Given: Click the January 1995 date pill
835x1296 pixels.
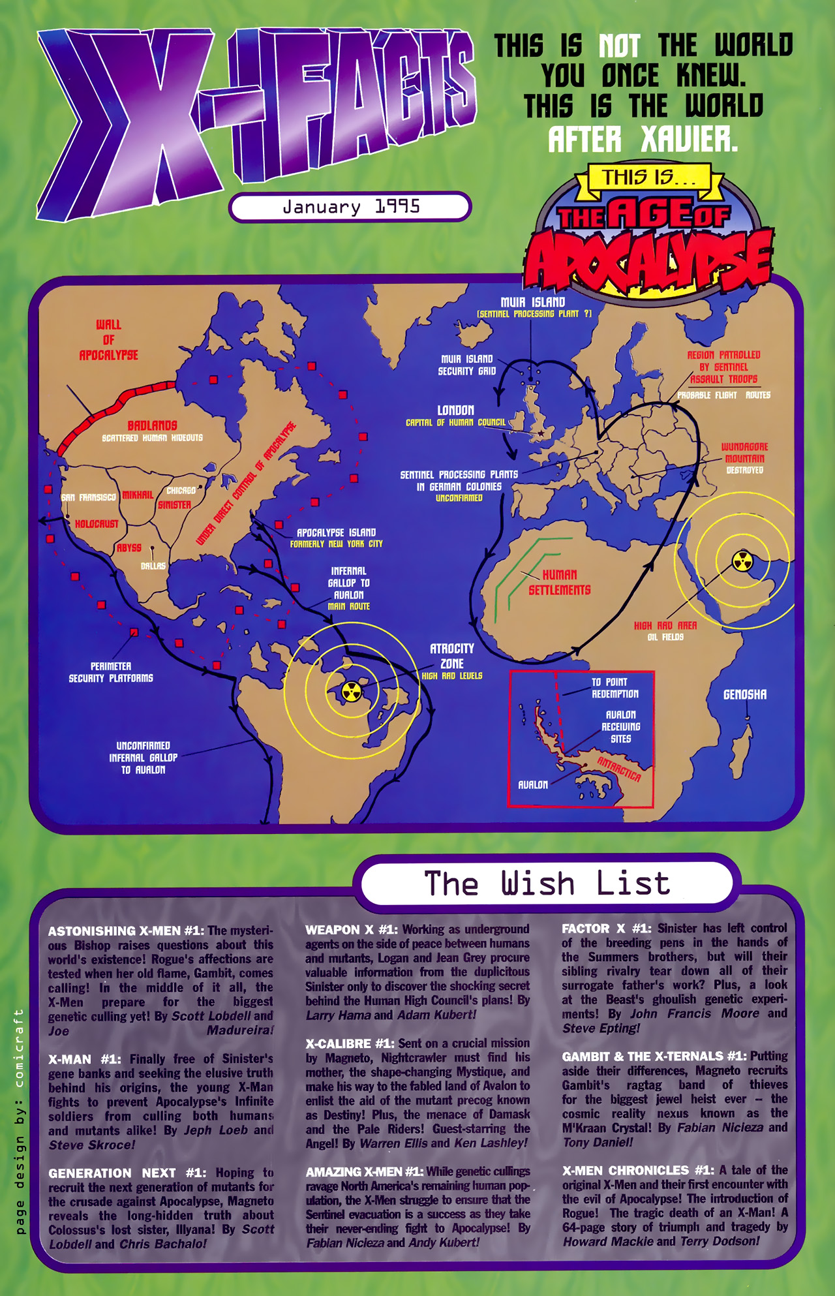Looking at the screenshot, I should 350,207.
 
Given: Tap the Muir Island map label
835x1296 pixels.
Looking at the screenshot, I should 532,302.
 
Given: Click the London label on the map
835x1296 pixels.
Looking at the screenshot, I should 455,410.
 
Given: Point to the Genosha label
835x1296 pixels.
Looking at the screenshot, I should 744,695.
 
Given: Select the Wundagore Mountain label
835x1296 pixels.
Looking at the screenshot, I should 744,453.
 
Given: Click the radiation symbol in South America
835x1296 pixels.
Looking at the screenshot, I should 352,692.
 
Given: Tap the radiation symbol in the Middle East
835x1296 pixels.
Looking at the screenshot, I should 742,561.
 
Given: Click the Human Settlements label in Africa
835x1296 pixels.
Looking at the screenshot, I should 559,582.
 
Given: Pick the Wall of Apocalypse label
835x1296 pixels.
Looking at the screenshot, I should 108,340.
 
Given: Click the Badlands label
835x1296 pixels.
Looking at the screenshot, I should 152,425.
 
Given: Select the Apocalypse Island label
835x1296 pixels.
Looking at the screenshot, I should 336,532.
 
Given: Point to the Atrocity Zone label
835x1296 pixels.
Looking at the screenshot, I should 451,656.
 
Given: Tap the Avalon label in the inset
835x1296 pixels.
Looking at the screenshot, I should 532,784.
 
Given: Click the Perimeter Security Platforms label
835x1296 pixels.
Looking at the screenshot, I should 111,672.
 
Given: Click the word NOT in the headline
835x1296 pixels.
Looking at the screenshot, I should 619,46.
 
